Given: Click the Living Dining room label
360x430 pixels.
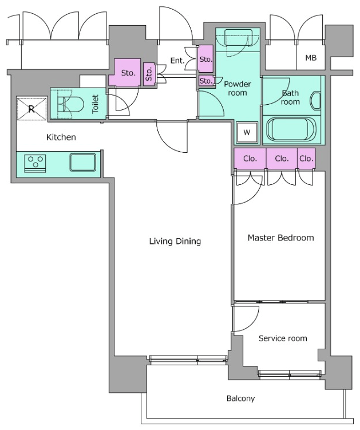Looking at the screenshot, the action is tap(175, 241).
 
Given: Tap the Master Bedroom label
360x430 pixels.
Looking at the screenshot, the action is tap(281, 238).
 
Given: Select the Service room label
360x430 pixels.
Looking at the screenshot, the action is tap(283, 338).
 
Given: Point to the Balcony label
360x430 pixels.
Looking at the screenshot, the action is tap(240, 398).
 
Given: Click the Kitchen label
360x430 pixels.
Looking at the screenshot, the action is tap(61, 137).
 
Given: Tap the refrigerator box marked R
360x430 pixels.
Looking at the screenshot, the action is tap(31, 108).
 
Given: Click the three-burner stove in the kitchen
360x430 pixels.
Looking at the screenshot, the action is tap(35, 163).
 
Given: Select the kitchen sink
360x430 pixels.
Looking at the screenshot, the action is tap(83, 163).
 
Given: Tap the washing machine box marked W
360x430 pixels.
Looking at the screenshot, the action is tap(247, 132).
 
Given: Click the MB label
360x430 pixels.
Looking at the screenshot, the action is tap(311, 58).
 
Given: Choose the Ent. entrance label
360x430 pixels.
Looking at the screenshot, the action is tap(177, 61).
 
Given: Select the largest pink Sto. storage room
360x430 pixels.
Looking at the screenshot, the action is tap(125, 72).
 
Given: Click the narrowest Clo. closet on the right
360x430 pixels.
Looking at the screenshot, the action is tap(306, 159).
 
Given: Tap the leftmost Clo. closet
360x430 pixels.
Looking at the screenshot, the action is tap(250, 159).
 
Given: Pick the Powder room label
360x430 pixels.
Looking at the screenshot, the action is tap(238, 88).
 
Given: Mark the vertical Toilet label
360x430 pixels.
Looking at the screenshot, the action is tap(95, 104).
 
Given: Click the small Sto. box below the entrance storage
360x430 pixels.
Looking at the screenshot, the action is tap(205, 81).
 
